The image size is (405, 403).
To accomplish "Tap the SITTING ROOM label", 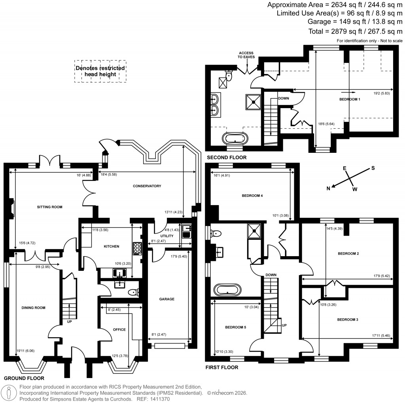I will tap(50, 207).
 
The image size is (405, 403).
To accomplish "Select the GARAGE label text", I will tap(167, 299).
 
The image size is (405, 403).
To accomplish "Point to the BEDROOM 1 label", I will tap(350, 99).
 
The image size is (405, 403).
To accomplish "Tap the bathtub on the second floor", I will tap(235, 139).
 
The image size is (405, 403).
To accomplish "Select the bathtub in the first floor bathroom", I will tap(226, 289).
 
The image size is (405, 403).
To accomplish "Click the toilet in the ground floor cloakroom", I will tap(133, 293).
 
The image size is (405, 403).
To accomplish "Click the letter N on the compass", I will tap(328, 188).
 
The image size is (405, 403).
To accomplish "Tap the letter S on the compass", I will tap(372, 168).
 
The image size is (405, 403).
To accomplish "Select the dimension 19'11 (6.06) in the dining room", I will tap(23, 350).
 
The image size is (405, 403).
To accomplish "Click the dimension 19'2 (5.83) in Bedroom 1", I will tap(382, 94).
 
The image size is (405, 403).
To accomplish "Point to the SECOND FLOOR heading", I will tap(226, 158).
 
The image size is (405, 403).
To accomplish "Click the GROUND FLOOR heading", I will tap(24, 378).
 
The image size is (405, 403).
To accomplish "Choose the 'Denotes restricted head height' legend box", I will tap(100, 71).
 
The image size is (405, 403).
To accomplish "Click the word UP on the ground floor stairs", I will tap(70, 321).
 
